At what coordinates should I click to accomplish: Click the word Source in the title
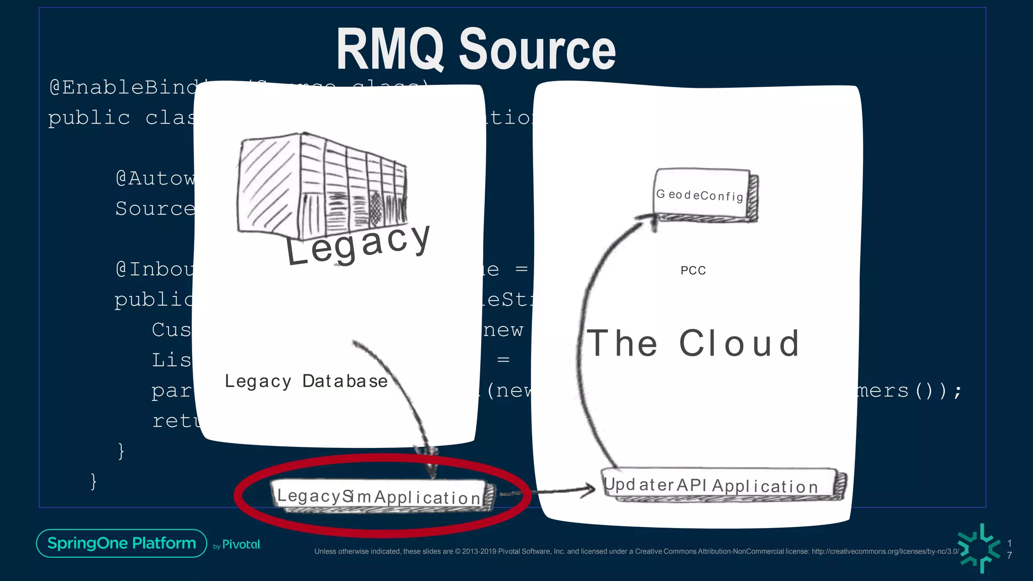537,49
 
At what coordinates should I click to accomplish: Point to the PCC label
693,270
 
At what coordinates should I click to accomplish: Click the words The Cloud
694,343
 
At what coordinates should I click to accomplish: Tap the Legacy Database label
306,381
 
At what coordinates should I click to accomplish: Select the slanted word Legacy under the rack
358,245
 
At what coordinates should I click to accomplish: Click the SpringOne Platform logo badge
122,543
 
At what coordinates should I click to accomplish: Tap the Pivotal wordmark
241,545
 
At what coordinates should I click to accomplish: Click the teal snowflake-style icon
979,548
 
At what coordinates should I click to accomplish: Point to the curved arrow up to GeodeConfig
585,328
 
